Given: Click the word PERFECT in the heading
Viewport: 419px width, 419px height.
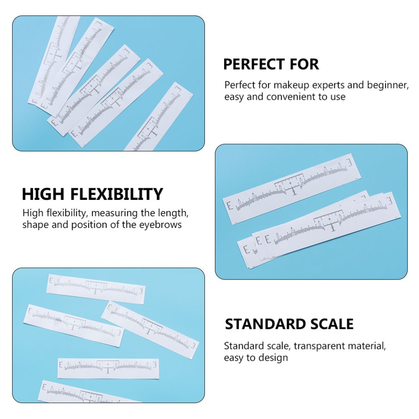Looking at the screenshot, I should pos(251,65).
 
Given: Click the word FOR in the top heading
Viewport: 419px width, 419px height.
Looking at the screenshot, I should pos(301,65).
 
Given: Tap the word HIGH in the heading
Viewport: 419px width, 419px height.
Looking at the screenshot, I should pos(43,194).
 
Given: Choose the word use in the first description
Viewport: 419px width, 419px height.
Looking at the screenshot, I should pos(337,97).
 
